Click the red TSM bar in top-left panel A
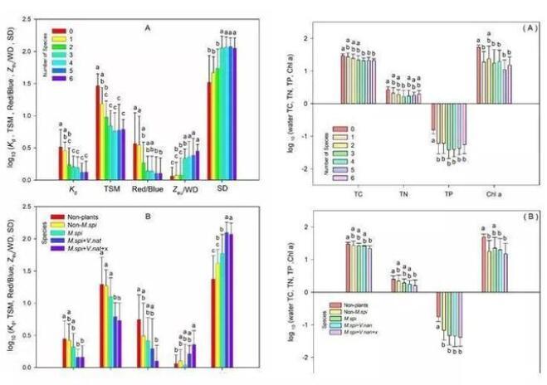point(98,133)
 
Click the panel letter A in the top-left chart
point(146,27)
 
